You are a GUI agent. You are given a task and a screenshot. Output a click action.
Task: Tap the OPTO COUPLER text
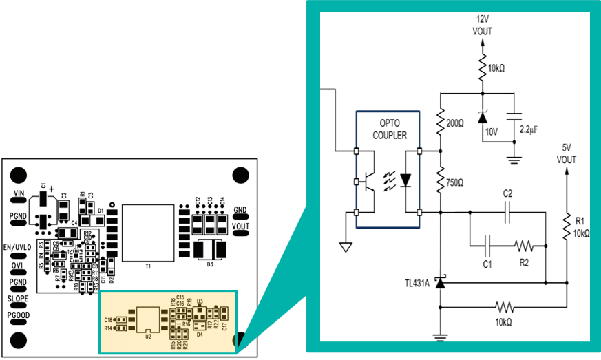coord(389,129)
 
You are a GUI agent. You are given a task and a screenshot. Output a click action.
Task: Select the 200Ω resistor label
coord(456,123)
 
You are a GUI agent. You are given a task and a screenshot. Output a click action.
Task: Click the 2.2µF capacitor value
coord(529,129)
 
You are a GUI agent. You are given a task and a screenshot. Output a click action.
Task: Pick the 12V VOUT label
coord(482,25)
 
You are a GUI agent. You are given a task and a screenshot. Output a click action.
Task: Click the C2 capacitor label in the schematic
coord(507,193)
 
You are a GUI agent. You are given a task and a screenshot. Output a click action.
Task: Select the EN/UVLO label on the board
coord(18,247)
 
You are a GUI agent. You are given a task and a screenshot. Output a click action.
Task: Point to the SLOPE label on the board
coord(18,299)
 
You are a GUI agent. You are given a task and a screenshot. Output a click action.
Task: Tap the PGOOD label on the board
coord(18,315)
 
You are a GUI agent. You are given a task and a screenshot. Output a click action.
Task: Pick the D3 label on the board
coord(210,263)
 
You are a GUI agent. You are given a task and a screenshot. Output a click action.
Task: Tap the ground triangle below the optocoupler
coord(346,246)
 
